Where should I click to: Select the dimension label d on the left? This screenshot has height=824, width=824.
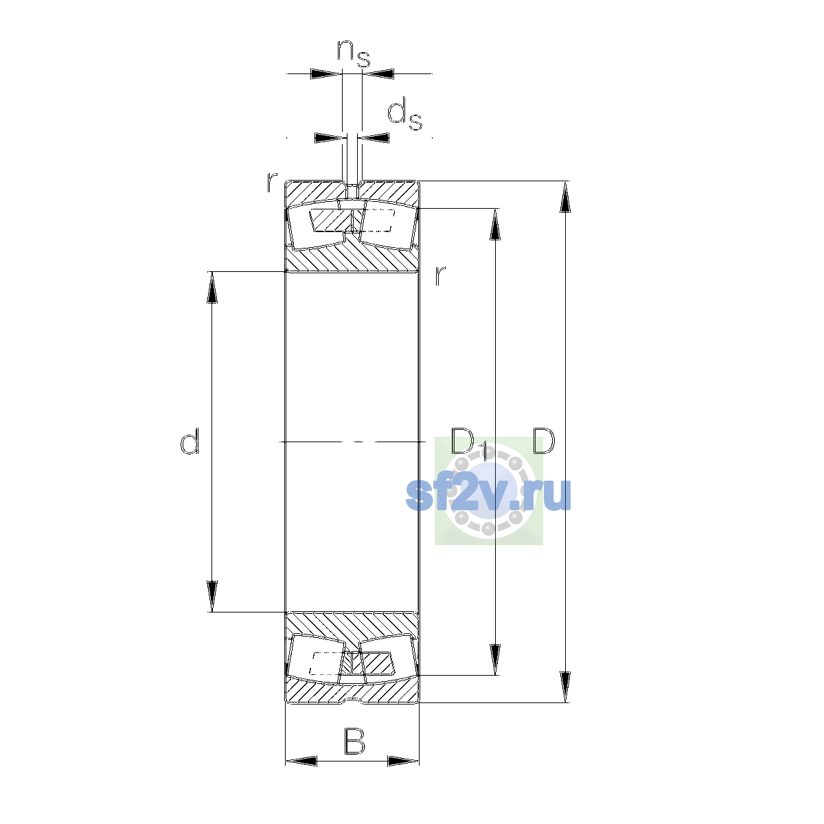click(190, 441)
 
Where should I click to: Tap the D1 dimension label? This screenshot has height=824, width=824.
click(469, 443)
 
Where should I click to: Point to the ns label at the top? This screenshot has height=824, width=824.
click(353, 54)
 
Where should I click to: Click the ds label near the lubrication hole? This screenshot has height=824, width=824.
click(404, 114)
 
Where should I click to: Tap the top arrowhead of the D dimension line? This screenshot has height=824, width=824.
click(565, 196)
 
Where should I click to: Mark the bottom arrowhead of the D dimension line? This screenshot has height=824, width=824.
click(565, 687)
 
